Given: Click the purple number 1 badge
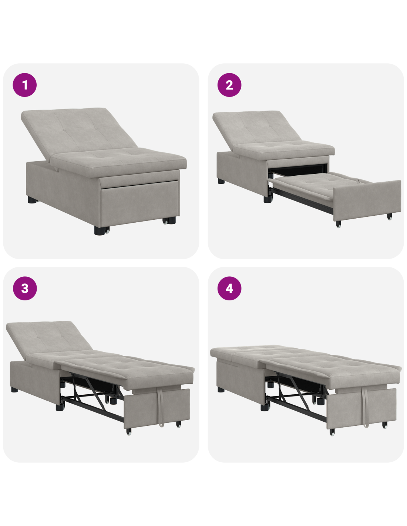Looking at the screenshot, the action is [x=25, y=85].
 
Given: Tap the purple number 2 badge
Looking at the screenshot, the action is [x=229, y=85].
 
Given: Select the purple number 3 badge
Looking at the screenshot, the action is [x=25, y=288].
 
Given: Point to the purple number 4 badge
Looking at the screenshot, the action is [x=229, y=288].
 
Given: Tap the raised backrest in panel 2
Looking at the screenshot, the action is [x=257, y=128].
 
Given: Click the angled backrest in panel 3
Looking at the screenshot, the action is [x=48, y=339].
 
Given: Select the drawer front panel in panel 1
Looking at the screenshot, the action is [x=140, y=203].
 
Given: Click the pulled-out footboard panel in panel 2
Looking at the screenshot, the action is [x=367, y=200].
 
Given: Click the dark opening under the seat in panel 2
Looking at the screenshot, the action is [x=299, y=169].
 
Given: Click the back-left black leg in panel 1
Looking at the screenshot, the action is [x=32, y=200].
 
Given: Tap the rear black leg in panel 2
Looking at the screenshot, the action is [x=221, y=181].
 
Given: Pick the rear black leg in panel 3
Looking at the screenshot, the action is [x=14, y=390].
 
